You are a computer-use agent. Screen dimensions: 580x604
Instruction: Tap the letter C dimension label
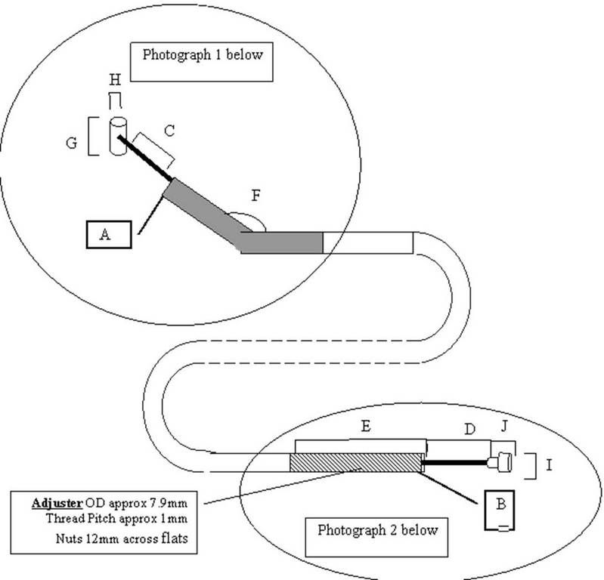point(169,131)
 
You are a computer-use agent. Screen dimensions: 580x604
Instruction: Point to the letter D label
point(469,430)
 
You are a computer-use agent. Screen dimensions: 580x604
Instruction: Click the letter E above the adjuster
point(365,427)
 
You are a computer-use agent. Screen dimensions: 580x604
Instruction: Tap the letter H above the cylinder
point(114,79)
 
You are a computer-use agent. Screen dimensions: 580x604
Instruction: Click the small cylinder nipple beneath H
point(117,136)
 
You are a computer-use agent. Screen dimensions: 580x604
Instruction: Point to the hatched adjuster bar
point(355,462)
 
